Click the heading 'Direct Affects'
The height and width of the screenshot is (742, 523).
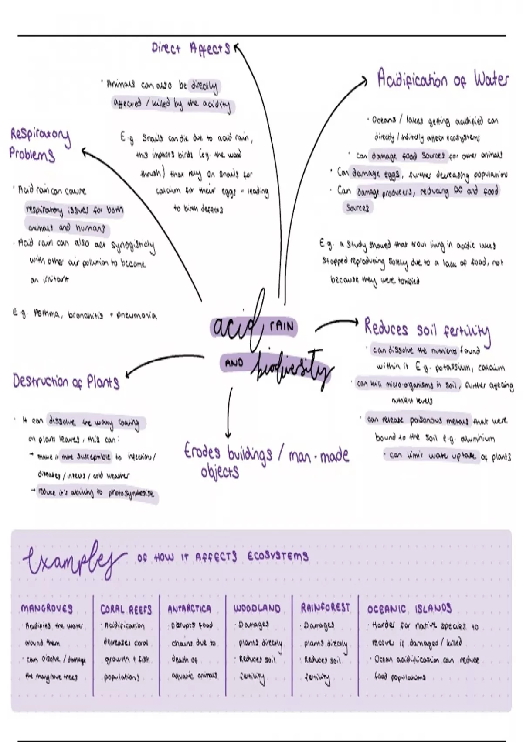[190, 48]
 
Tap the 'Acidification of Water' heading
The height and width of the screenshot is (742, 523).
[442, 79]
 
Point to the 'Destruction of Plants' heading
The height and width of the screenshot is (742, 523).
[66, 382]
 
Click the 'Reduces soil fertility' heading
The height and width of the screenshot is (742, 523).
[427, 330]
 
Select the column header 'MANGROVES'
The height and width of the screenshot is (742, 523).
[47, 608]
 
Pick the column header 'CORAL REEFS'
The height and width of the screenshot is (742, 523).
[126, 609]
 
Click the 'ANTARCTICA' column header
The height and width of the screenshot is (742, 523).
[189, 609]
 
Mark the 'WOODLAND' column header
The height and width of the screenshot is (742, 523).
[257, 608]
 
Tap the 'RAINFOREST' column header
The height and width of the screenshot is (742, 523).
[325, 608]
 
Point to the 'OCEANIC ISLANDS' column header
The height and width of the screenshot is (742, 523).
[409, 608]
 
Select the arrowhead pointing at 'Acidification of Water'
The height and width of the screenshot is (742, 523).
[363, 80]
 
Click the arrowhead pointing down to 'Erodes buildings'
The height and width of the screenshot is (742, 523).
[228, 434]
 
